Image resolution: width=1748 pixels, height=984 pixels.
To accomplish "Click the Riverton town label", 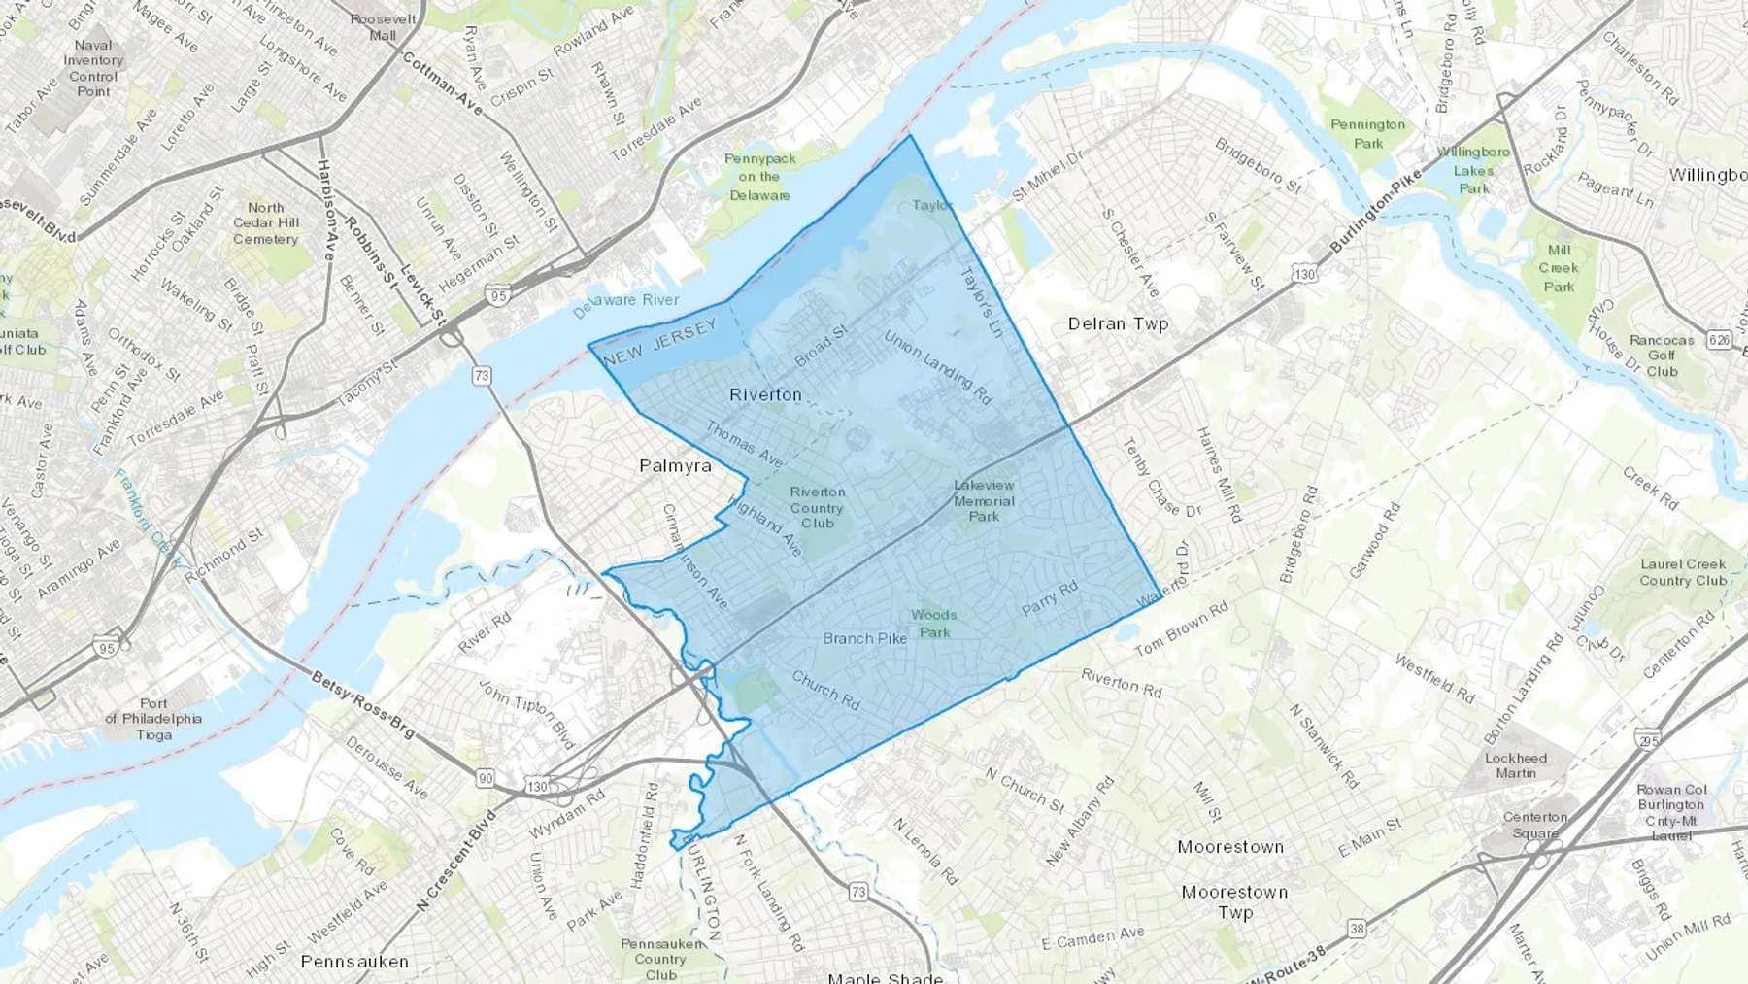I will (x=765, y=394).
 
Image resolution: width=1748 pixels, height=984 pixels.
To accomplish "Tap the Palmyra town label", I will (x=675, y=466).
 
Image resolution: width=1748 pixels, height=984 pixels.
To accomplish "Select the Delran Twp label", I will (x=1118, y=323).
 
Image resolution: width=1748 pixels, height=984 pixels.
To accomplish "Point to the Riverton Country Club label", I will (x=817, y=507).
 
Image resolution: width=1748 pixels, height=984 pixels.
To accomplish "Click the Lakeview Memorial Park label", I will (x=984, y=500).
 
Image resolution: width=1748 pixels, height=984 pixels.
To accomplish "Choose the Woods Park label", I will (x=934, y=623).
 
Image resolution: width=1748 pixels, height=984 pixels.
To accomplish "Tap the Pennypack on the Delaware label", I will (x=759, y=176).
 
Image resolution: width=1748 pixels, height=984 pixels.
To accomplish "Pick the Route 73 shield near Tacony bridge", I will (x=482, y=375).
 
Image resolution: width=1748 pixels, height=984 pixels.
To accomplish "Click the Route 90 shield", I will (x=486, y=778).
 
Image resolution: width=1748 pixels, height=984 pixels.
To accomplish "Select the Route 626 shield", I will (x=1721, y=339).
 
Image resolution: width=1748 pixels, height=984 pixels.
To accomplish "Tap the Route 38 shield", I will (x=1357, y=930).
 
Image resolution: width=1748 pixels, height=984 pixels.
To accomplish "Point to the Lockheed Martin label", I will (x=1515, y=765).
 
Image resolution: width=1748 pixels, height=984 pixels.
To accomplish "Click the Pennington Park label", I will (x=1367, y=134).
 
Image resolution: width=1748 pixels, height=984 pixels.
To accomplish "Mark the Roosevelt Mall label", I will (x=383, y=27).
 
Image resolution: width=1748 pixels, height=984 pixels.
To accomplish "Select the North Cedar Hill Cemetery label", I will (x=265, y=222).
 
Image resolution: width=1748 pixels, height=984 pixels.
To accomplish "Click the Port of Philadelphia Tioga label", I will (x=153, y=719).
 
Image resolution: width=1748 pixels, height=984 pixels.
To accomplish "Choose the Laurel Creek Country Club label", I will (x=1683, y=572).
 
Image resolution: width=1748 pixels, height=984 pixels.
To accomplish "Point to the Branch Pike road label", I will (x=864, y=638).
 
